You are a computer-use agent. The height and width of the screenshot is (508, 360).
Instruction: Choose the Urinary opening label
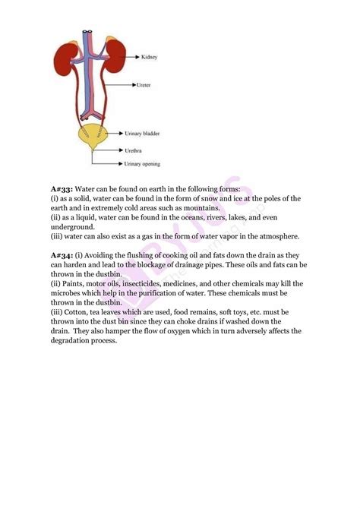(x=144, y=162)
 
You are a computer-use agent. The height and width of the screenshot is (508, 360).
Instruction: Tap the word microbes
(x=71, y=293)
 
